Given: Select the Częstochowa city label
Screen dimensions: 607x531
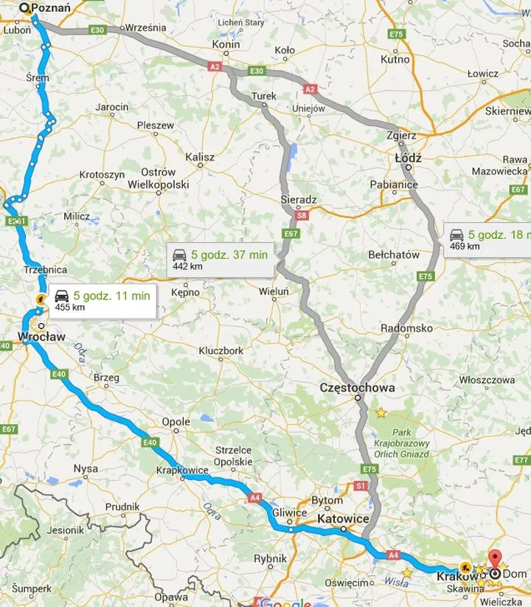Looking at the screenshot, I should pyautogui.click(x=357, y=387).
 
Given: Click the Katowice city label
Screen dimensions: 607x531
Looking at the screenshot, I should pyautogui.click(x=343, y=519).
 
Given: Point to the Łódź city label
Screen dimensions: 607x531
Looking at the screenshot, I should pyautogui.click(x=407, y=158).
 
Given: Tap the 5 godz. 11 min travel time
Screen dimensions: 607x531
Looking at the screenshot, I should pyautogui.click(x=111, y=296).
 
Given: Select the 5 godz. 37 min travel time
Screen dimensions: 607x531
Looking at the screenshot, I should pyautogui.click(x=229, y=254).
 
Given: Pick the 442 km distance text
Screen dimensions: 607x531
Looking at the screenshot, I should pyautogui.click(x=187, y=266).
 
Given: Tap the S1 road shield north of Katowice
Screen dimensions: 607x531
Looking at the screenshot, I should pyautogui.click(x=361, y=487).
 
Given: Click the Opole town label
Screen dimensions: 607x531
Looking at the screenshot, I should pyautogui.click(x=176, y=422).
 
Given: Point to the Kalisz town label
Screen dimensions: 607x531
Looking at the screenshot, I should pyautogui.click(x=200, y=157).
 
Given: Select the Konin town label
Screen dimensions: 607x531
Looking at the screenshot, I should pyautogui.click(x=226, y=44).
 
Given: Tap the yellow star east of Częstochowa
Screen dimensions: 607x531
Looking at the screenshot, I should pyautogui.click(x=381, y=413).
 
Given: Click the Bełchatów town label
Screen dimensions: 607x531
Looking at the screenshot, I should pyautogui.click(x=394, y=255).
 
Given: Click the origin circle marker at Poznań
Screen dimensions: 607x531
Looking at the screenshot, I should pyautogui.click(x=24, y=8).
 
